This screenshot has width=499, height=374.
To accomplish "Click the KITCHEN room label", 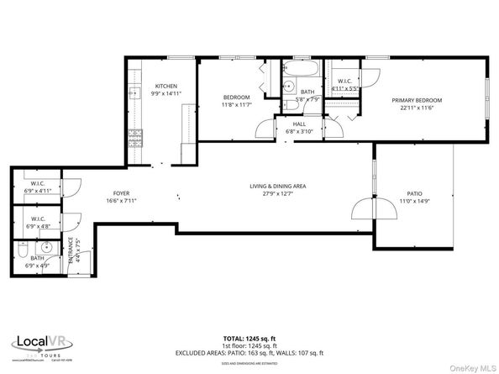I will coord(165,86).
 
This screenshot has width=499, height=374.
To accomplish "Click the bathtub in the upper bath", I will coord(301,71).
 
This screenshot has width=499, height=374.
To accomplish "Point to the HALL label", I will coord(298,124).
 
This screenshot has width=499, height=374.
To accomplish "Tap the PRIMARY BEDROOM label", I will coord(417,100).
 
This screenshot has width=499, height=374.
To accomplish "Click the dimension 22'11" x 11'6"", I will coord(417,107).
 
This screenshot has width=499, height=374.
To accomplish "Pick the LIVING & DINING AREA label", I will coord(277,186).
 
